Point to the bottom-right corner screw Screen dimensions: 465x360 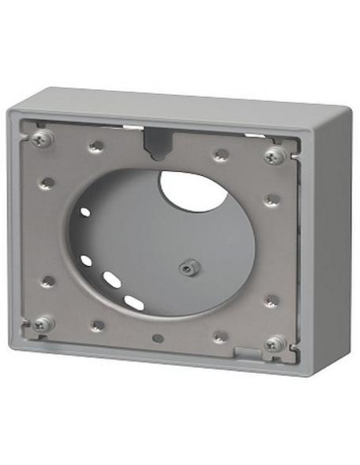tap(275, 344)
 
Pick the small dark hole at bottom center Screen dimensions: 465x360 tap(158, 338)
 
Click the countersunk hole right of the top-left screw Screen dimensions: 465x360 tap(96, 146)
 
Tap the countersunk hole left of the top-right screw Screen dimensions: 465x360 tap(221, 154)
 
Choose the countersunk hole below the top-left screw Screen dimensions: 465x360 tap(48, 182)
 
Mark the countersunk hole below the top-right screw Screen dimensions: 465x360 tap(272, 199)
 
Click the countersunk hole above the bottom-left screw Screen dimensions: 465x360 tap(48, 281)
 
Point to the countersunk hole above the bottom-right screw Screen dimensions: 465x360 tap(272, 301)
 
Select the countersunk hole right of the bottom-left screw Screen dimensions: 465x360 tap(96, 326)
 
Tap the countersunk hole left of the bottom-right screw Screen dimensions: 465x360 tap(220, 337)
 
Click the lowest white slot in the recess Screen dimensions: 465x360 tap(134, 302)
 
